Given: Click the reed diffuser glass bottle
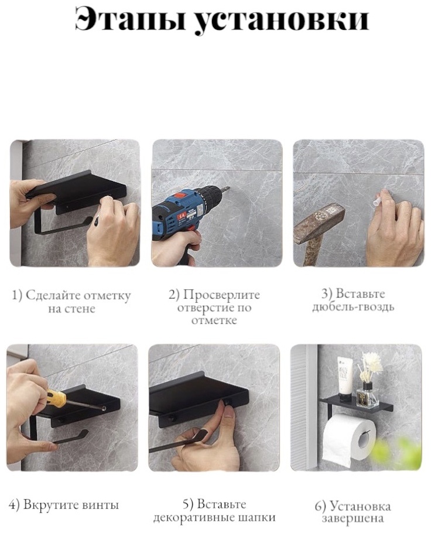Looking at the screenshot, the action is tap(367, 395).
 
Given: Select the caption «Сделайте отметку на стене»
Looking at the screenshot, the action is tap(71, 302).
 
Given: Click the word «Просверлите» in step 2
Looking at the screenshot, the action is tap(221, 295).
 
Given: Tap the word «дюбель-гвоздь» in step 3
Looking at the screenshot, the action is tap(353, 307).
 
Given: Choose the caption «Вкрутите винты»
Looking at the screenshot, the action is tap(64, 505).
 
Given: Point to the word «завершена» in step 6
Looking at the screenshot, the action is tap(353, 519).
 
